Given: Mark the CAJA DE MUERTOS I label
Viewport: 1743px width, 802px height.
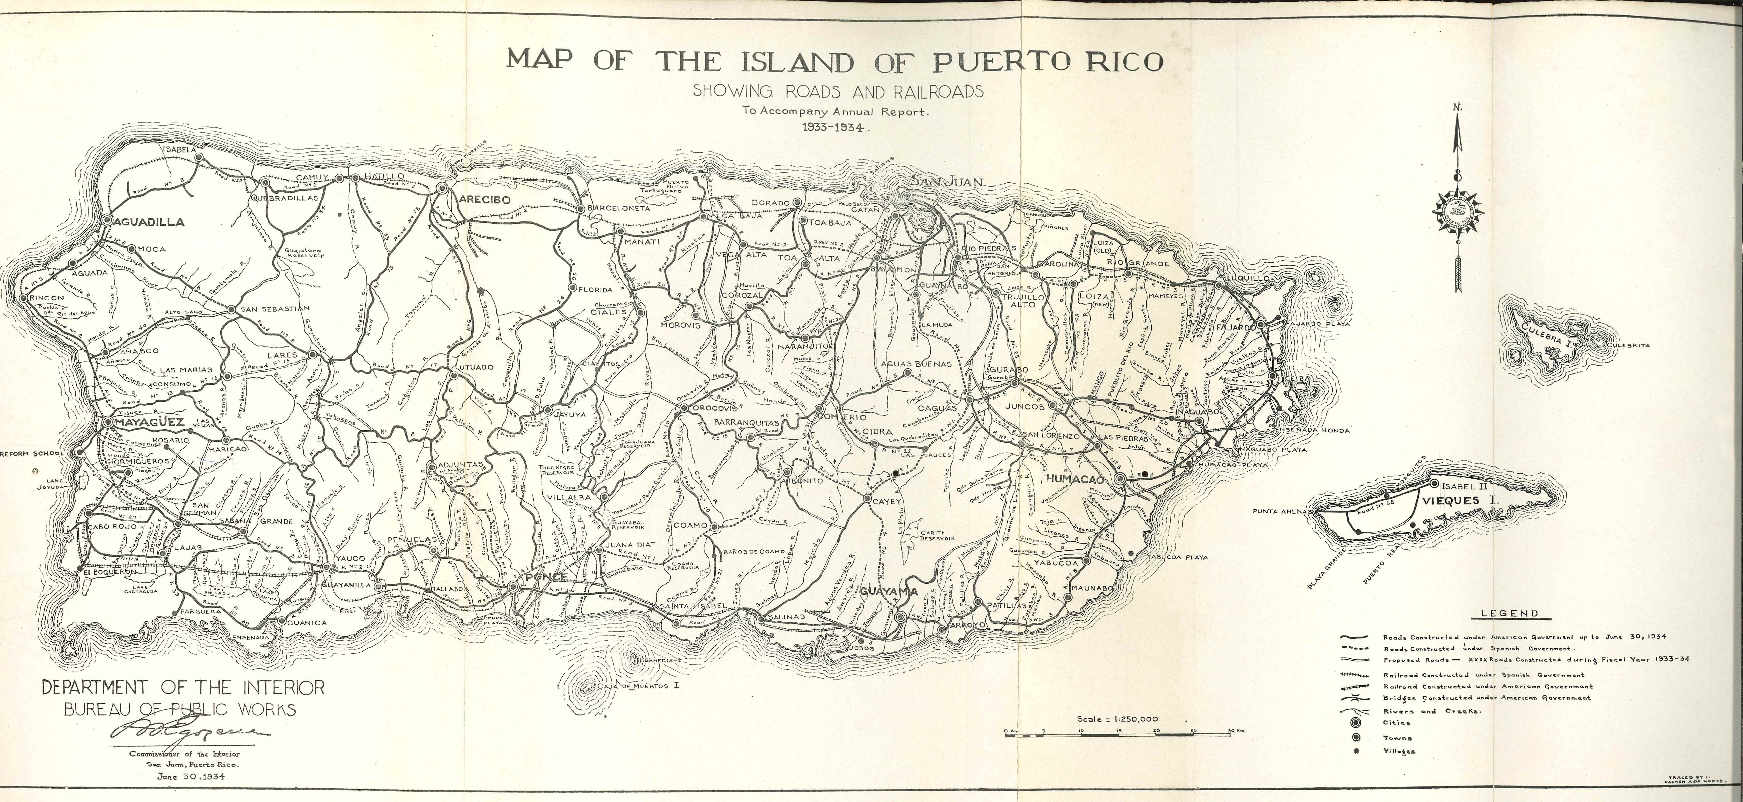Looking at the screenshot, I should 640,686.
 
